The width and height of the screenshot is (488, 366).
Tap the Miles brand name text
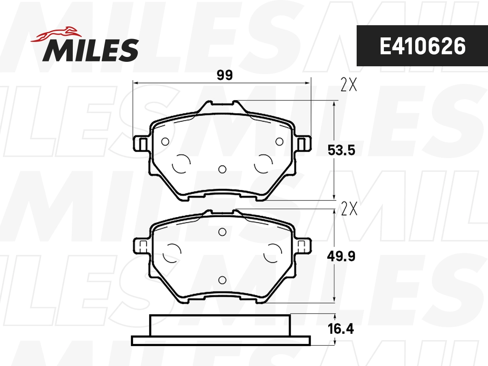(x=91, y=50)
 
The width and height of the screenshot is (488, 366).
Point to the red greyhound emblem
(x=56, y=35)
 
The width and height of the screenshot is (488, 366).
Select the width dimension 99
(x=225, y=75)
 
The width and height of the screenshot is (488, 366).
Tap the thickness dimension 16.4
(x=341, y=329)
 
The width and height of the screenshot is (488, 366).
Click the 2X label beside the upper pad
(x=349, y=85)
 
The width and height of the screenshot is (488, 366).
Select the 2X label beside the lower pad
(x=349, y=209)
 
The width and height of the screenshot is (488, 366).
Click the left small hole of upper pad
(x=165, y=142)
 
